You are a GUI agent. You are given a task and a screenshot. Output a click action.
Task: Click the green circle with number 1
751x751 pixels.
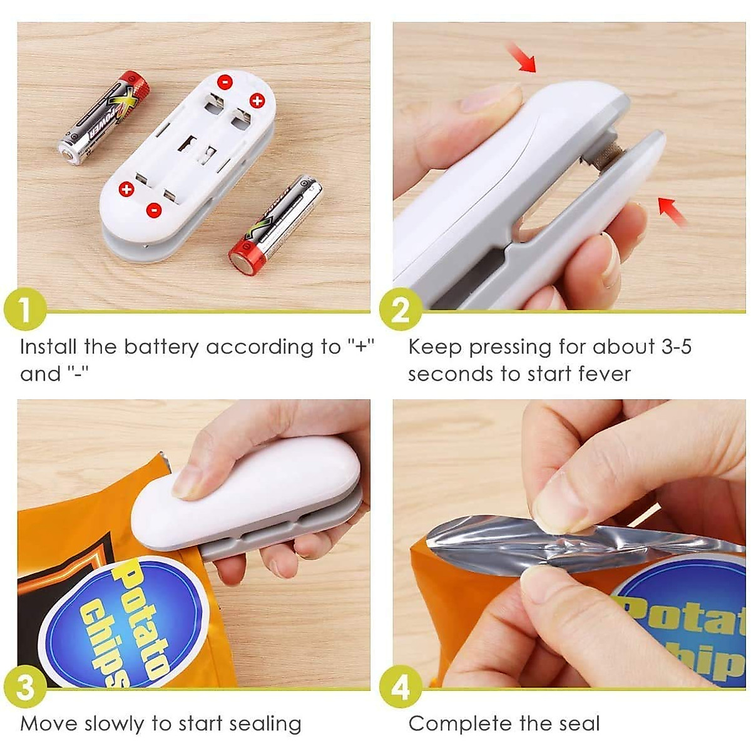25,310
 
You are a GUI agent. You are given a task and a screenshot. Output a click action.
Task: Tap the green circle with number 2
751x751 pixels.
401,310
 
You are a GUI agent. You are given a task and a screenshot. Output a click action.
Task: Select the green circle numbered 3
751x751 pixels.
25,687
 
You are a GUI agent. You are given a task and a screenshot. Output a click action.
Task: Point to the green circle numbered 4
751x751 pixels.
401,687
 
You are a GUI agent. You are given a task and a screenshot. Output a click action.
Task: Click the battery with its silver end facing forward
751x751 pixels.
103,119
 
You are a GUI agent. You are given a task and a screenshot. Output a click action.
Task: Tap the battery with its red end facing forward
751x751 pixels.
275,225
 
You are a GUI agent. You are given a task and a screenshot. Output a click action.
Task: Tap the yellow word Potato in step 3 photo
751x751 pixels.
147,620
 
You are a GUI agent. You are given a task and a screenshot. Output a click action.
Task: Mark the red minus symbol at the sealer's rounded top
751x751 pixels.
224,81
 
